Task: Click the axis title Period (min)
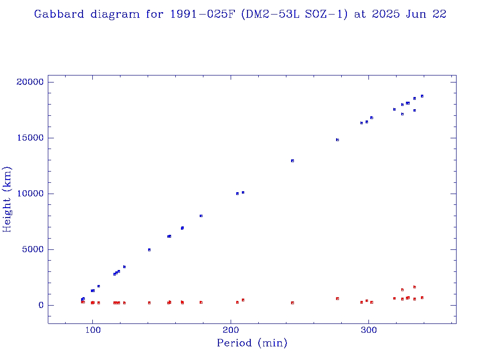point(252,344)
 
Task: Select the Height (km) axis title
point(7,199)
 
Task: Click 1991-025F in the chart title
point(199,15)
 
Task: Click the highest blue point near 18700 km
point(422,96)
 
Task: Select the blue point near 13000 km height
point(292,161)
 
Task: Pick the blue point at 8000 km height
point(201,216)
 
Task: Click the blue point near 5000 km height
point(149,250)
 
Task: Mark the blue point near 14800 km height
point(337,140)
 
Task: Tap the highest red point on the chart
point(414,287)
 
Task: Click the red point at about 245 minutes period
point(292,303)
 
